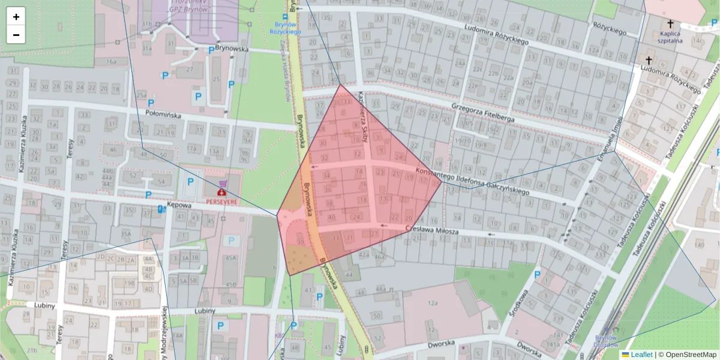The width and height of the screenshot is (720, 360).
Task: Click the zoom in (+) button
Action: pos(16,17)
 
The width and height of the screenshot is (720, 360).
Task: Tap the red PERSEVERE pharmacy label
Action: pos(222,202)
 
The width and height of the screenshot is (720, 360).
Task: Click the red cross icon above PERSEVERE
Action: pos(221,193)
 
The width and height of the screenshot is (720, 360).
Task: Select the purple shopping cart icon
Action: pos(224,184)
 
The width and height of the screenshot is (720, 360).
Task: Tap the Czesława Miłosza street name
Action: pos(432,230)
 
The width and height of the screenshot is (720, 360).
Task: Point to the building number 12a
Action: pos(432,304)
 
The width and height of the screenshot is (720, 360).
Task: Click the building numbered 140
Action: pos(698,245)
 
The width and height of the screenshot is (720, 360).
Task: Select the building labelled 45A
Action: pos(230,258)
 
